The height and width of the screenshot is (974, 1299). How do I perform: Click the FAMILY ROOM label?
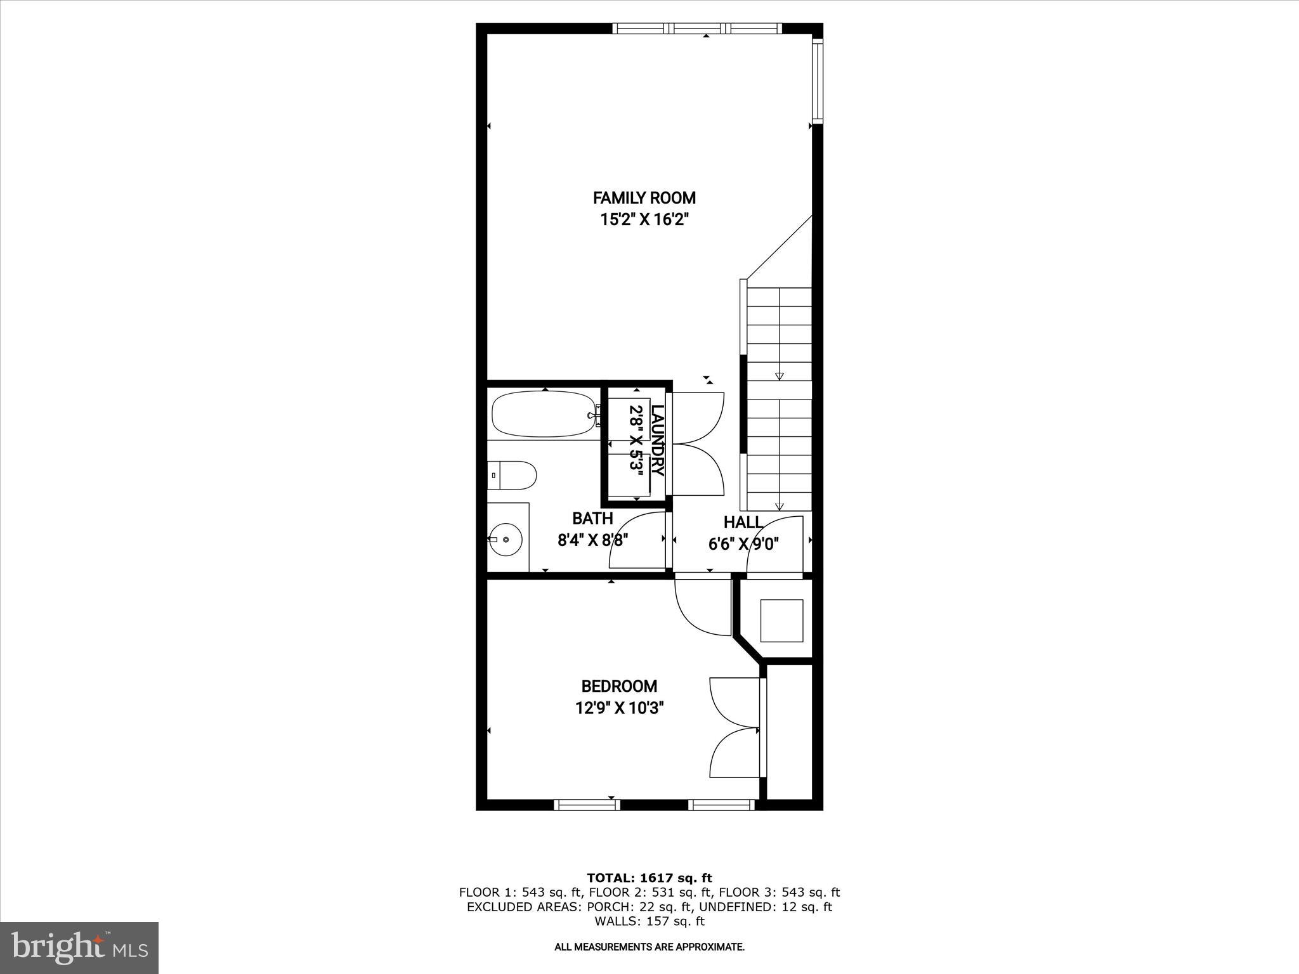[x=644, y=198]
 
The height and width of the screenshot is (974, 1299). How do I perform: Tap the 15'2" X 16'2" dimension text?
[x=644, y=220]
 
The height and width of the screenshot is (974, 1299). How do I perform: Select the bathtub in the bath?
[x=544, y=414]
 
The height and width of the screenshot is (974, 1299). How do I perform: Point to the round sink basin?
[x=506, y=540]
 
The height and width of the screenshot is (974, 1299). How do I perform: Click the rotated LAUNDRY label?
[x=658, y=440]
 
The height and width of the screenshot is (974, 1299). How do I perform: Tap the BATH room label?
[x=592, y=518]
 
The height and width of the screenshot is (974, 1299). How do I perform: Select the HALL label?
[x=743, y=523]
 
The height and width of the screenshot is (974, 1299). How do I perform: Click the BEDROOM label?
[x=618, y=686]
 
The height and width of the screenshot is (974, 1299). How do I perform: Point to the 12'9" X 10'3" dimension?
[x=618, y=708]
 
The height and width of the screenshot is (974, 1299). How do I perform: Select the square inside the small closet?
[x=782, y=620]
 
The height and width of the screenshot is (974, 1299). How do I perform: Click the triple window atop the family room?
[x=697, y=28]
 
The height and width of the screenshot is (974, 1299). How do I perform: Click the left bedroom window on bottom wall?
[x=586, y=805]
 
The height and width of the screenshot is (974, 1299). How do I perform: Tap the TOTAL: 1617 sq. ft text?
[x=649, y=878]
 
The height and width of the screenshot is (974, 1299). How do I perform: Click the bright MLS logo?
[x=79, y=947]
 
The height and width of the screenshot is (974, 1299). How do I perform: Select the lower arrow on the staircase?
[x=780, y=506]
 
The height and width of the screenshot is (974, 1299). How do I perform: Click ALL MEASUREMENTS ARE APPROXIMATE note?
[x=649, y=947]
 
